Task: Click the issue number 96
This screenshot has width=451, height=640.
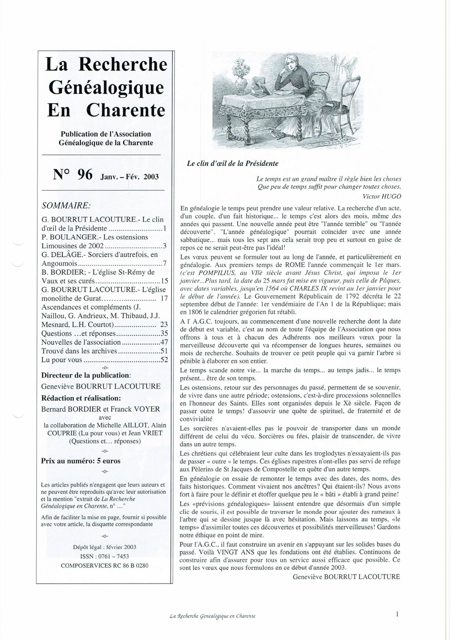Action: [x=84, y=174]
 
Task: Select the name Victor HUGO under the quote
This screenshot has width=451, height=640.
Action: [x=382, y=196]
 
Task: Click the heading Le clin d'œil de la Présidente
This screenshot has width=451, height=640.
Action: [x=232, y=164]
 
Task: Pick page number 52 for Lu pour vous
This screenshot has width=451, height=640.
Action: [x=164, y=360]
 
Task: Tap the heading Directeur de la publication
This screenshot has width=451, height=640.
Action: [x=86, y=375]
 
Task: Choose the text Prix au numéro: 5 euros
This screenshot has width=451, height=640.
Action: [x=80, y=461]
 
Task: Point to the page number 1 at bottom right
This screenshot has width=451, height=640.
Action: [x=397, y=614]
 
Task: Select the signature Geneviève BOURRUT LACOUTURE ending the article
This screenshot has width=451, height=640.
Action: [x=346, y=577]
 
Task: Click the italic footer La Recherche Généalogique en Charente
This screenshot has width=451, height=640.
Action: [x=212, y=616]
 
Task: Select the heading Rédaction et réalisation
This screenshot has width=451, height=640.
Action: [x=81, y=398]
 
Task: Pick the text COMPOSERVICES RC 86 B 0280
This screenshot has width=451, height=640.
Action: [x=104, y=565]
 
